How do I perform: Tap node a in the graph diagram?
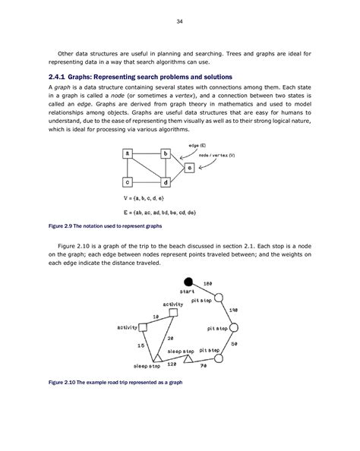(128, 153)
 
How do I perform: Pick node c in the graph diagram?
(128, 182)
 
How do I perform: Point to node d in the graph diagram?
(166, 182)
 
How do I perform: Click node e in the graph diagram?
(189, 166)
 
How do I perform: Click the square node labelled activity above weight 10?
(174, 312)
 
